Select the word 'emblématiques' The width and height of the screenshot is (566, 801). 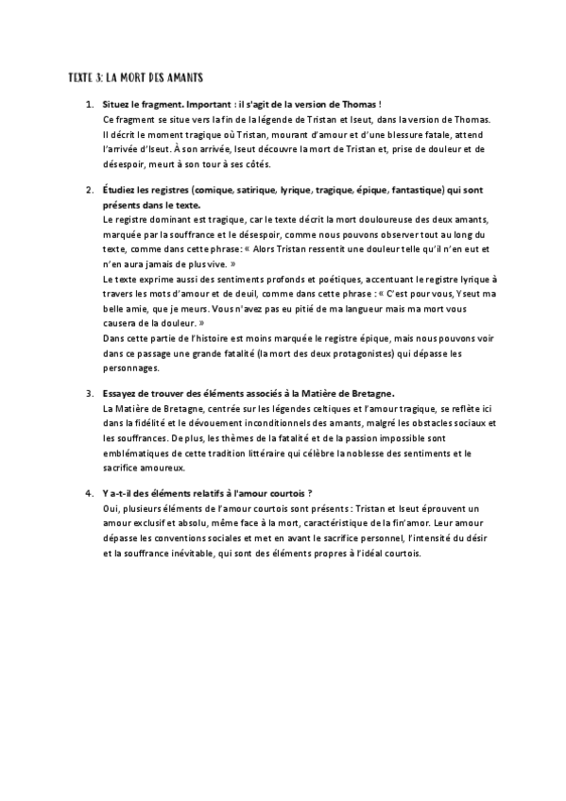(x=135, y=453)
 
